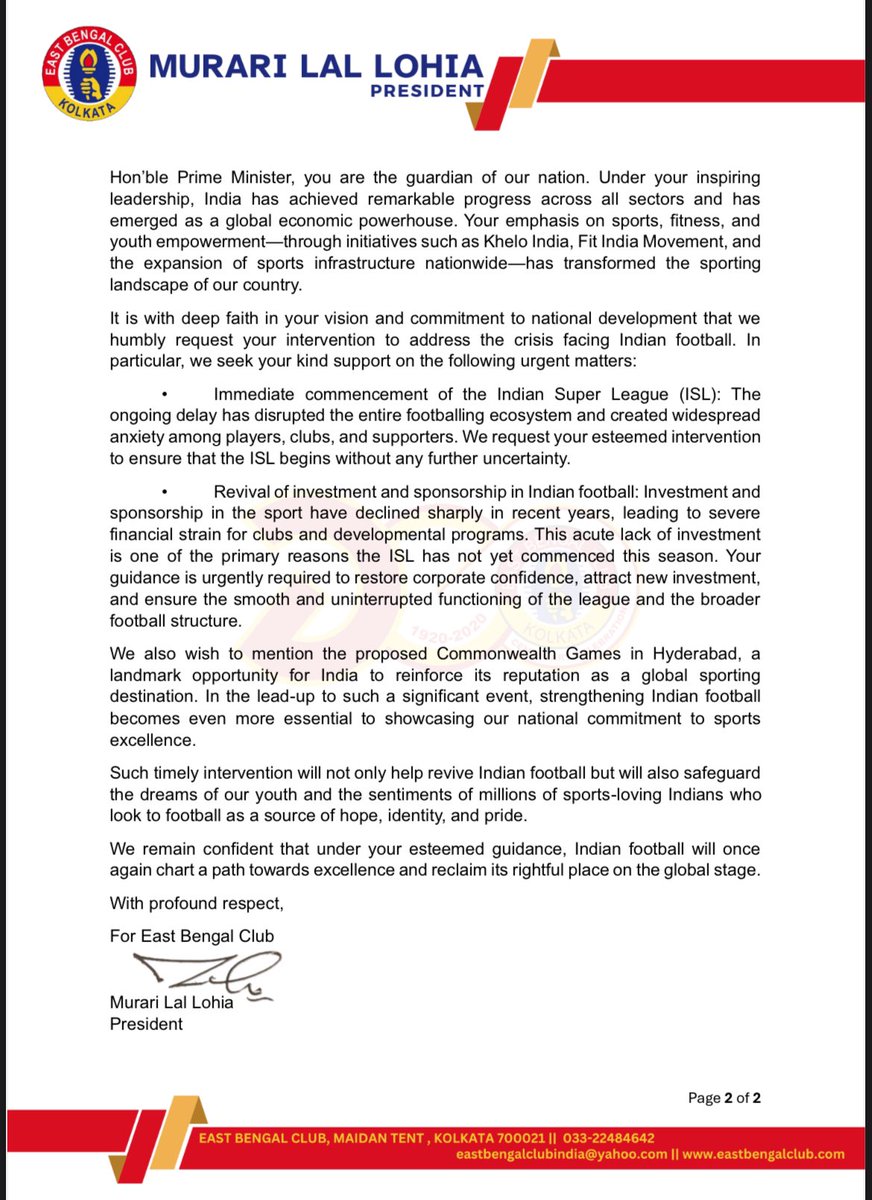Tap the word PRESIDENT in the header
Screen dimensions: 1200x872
coord(427,90)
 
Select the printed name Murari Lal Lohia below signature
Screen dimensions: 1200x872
coord(171,1002)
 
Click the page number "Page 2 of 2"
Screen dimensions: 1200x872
coord(724,1098)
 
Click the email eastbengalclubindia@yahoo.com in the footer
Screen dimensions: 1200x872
coord(562,1154)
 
